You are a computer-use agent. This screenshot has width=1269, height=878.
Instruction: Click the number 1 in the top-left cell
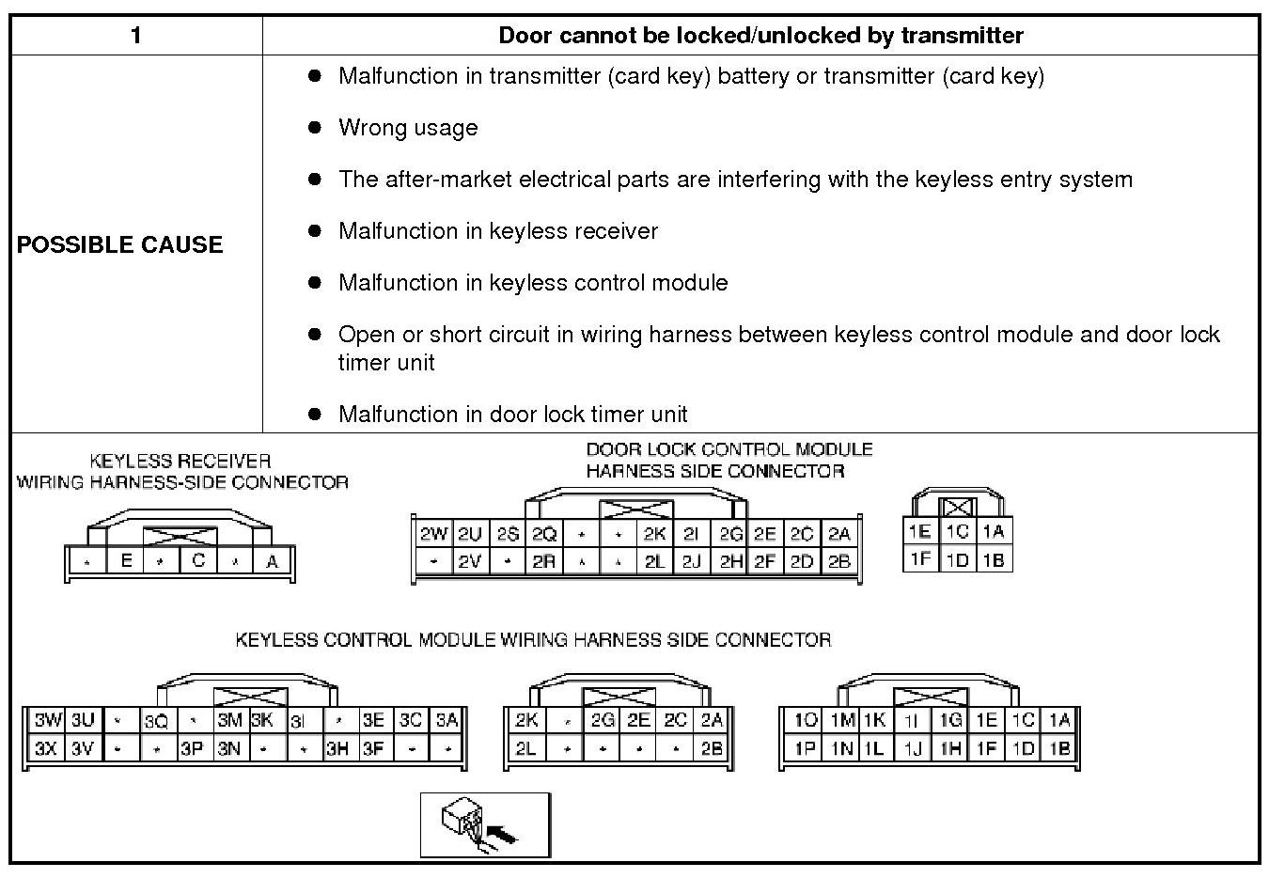click(x=136, y=36)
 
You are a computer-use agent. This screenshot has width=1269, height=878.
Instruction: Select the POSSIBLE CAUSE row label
click(x=120, y=244)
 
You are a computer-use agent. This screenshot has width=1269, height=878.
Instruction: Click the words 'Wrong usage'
click(x=408, y=128)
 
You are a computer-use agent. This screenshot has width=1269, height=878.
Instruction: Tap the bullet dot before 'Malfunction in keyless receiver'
click(x=315, y=230)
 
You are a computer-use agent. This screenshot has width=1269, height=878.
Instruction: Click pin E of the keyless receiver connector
click(x=125, y=561)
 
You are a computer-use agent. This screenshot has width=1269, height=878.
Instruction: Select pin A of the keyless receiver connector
click(x=273, y=561)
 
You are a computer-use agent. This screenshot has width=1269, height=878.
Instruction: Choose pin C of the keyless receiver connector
click(x=198, y=561)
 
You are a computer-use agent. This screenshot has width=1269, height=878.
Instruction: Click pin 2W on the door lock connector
click(x=433, y=534)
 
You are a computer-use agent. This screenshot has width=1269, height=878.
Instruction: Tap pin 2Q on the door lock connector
click(x=544, y=534)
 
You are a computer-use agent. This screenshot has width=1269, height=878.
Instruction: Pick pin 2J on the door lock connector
click(x=691, y=561)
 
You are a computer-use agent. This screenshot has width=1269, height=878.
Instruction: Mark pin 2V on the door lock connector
click(x=470, y=561)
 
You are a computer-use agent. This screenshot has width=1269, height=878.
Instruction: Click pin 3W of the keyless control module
click(x=47, y=720)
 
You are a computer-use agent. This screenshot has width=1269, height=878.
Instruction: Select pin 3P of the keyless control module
click(x=193, y=749)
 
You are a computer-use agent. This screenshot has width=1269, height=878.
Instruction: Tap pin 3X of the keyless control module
click(x=46, y=749)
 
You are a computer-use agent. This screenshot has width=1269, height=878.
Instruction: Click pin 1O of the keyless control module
click(x=806, y=720)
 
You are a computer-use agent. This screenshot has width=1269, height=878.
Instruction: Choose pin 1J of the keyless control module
click(x=912, y=749)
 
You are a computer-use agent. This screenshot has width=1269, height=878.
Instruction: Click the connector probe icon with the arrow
click(x=485, y=824)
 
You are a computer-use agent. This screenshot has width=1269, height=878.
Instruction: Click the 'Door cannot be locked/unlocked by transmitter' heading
click(x=760, y=36)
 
